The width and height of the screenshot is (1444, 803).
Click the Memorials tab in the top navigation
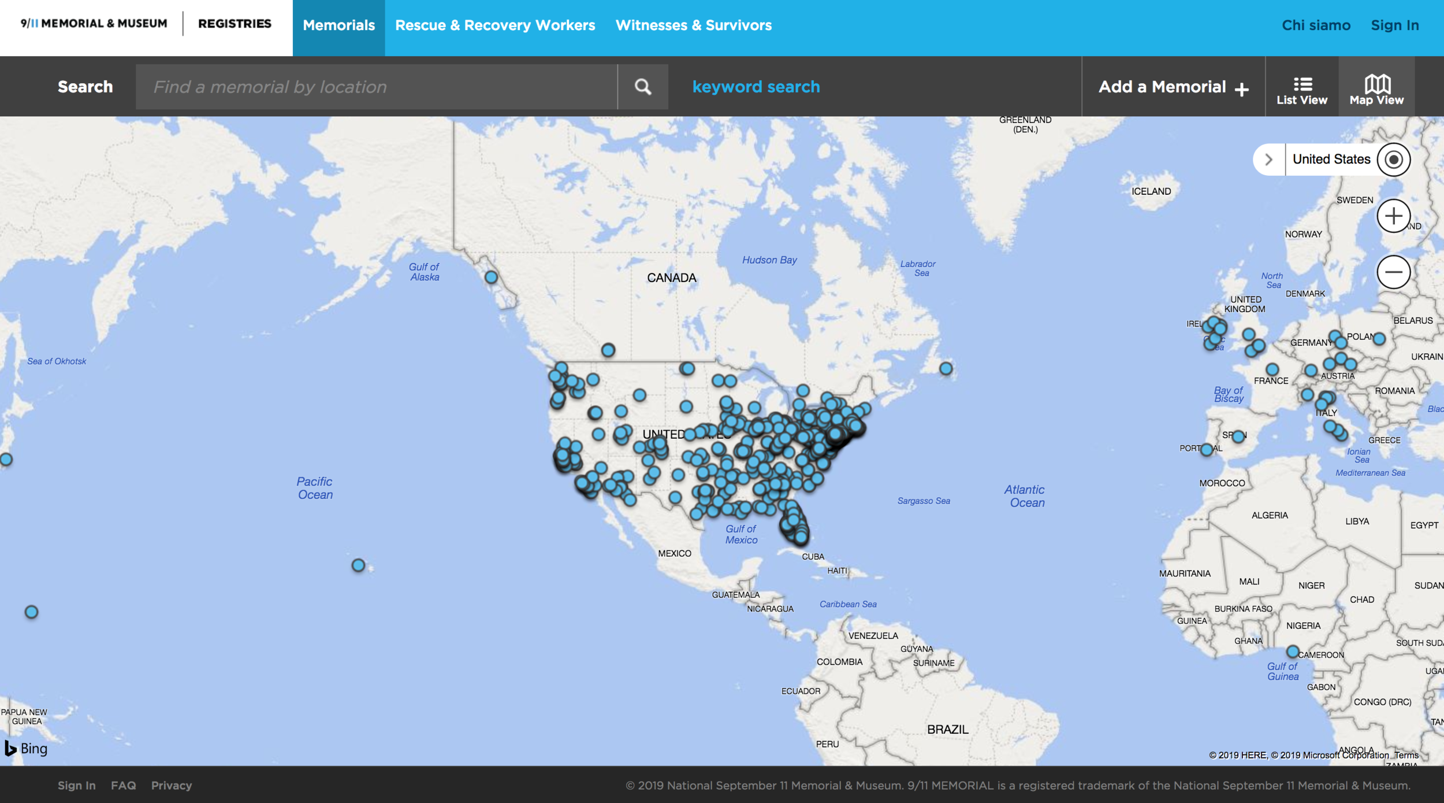click(x=338, y=25)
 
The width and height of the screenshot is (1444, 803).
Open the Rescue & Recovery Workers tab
click(x=495, y=25)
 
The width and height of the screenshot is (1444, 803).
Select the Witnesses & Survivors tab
click(x=693, y=25)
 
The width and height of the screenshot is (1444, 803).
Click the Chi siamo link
click(x=1316, y=25)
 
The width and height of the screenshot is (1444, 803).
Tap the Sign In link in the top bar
click(x=1394, y=25)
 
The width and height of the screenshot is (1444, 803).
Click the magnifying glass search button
click(x=643, y=87)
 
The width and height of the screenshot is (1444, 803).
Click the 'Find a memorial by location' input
click(x=376, y=87)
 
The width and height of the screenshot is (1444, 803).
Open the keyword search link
click(x=756, y=87)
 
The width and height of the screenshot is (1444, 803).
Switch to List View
click(x=1301, y=90)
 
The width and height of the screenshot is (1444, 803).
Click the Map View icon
click(x=1376, y=90)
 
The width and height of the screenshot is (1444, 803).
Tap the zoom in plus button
click(x=1393, y=216)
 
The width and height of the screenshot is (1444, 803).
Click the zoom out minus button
click(x=1393, y=272)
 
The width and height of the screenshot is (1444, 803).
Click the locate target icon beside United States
click(x=1393, y=160)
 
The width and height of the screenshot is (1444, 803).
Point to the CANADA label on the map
click(x=671, y=278)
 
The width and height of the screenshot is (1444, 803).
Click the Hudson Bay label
click(x=769, y=260)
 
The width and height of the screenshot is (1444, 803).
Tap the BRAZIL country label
click(x=947, y=730)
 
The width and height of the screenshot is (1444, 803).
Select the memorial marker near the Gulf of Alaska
click(x=491, y=277)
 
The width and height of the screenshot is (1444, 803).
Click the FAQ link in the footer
click(x=123, y=785)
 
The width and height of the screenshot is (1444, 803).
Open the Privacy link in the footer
click(x=172, y=785)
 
